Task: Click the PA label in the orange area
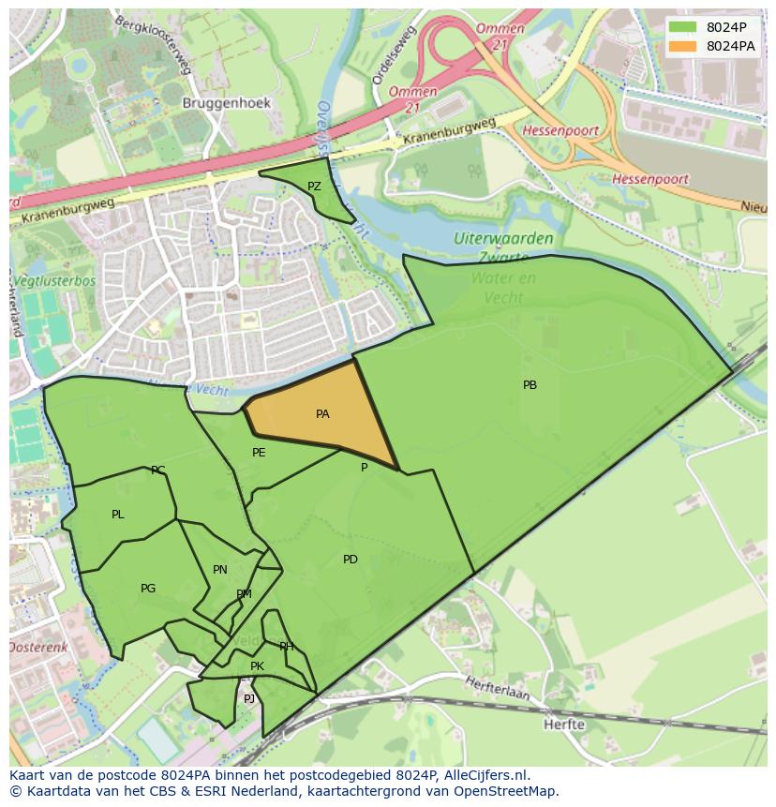coord(322,414)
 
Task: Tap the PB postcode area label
coord(530,385)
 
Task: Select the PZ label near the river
coord(314,187)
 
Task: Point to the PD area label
coord(350,560)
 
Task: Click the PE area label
coord(259,453)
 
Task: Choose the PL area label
coord(117,515)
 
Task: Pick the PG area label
coord(148,589)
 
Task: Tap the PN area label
coord(220,570)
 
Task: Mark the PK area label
coord(257,666)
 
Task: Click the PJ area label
coord(249,699)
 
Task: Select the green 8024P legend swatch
coord(683,27)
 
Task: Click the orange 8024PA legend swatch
coord(683,46)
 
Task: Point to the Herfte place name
coord(564,725)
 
